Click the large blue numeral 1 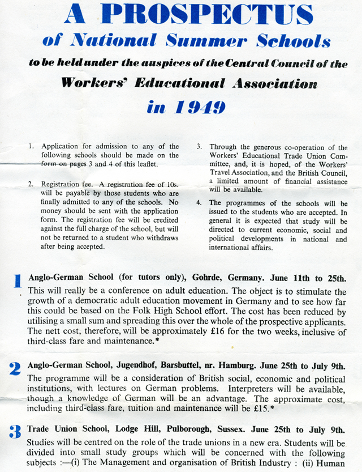point(18,281)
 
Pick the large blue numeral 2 point(15,369)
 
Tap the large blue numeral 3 point(15,432)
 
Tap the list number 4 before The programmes point(199,202)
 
